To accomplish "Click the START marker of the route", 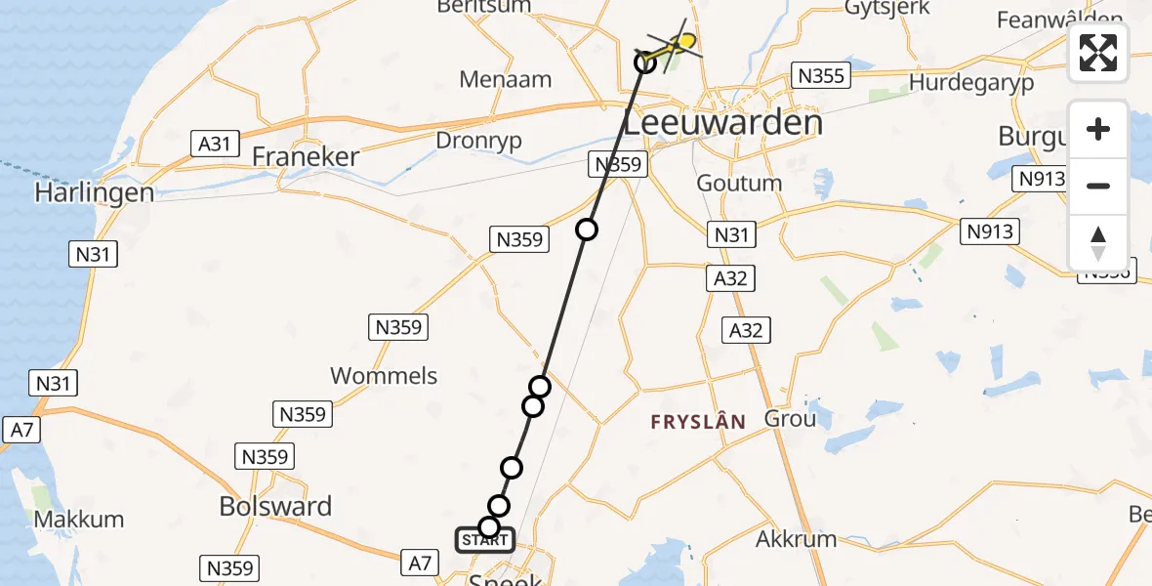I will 482,539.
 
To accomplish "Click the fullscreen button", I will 1098,53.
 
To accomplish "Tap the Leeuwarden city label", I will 722,124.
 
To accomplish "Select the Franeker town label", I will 306,156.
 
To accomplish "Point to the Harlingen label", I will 94,192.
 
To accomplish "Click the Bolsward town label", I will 275,506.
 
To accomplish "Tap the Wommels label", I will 384,375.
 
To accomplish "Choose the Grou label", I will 791,420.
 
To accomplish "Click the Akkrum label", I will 797,538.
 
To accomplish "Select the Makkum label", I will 79,519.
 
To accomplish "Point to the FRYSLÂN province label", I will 699,422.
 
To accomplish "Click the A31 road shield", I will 214,145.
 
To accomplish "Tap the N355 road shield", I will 821,75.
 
